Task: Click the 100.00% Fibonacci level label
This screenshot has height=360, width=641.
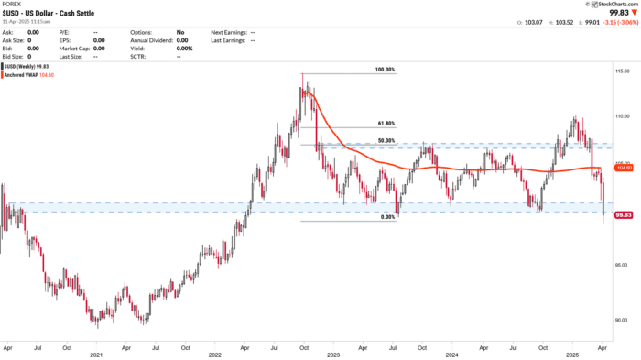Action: (385, 70)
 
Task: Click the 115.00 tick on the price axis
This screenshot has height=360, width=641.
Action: (623, 70)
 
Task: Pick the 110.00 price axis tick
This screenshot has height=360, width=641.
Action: (623, 117)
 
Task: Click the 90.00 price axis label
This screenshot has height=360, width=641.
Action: (623, 319)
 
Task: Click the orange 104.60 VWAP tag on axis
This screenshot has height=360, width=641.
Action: (624, 169)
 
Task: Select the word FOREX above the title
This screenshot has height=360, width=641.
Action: (12, 5)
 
